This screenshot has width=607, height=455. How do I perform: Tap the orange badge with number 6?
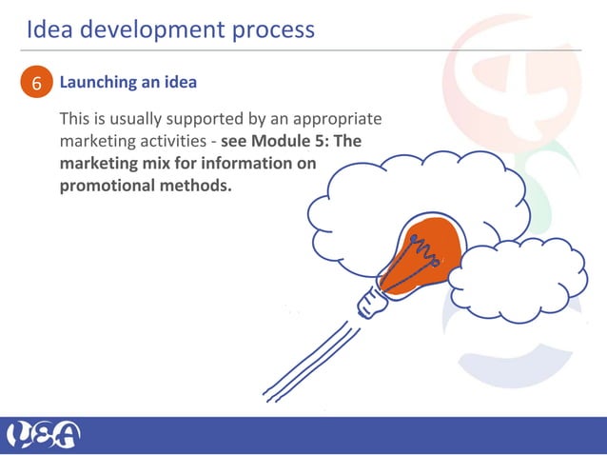pyautogui.click(x=36, y=84)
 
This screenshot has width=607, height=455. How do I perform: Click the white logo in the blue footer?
pyautogui.click(x=44, y=435)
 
